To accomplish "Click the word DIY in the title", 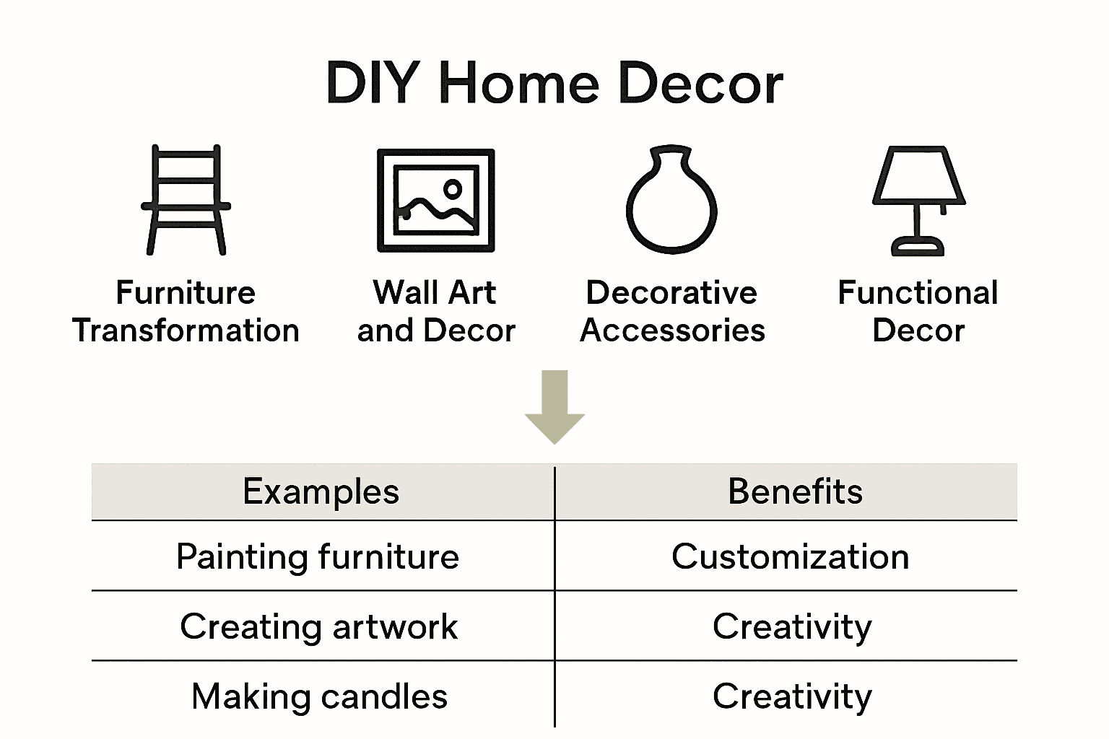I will tap(372, 83).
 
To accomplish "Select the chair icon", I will tap(186, 201).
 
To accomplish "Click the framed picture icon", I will tap(436, 201).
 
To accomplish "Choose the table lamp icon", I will tap(918, 201).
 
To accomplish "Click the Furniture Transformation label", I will tap(186, 311).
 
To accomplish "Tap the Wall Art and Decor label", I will tap(436, 311).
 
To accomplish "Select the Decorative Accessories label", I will tap(672, 311).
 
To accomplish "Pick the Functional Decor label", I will tap(918, 311).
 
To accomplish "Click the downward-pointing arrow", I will tap(554, 406).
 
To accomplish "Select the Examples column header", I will tap(321, 492).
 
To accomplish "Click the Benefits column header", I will tap(795, 492).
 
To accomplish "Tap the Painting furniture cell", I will tap(318, 557).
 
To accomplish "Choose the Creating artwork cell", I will tap(318, 626).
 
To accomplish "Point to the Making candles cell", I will tap(319, 697).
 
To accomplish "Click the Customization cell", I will tap(791, 557).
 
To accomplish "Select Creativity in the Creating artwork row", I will tap(792, 626).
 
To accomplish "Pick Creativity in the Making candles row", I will tap(792, 697).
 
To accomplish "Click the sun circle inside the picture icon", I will tap(453, 190).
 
